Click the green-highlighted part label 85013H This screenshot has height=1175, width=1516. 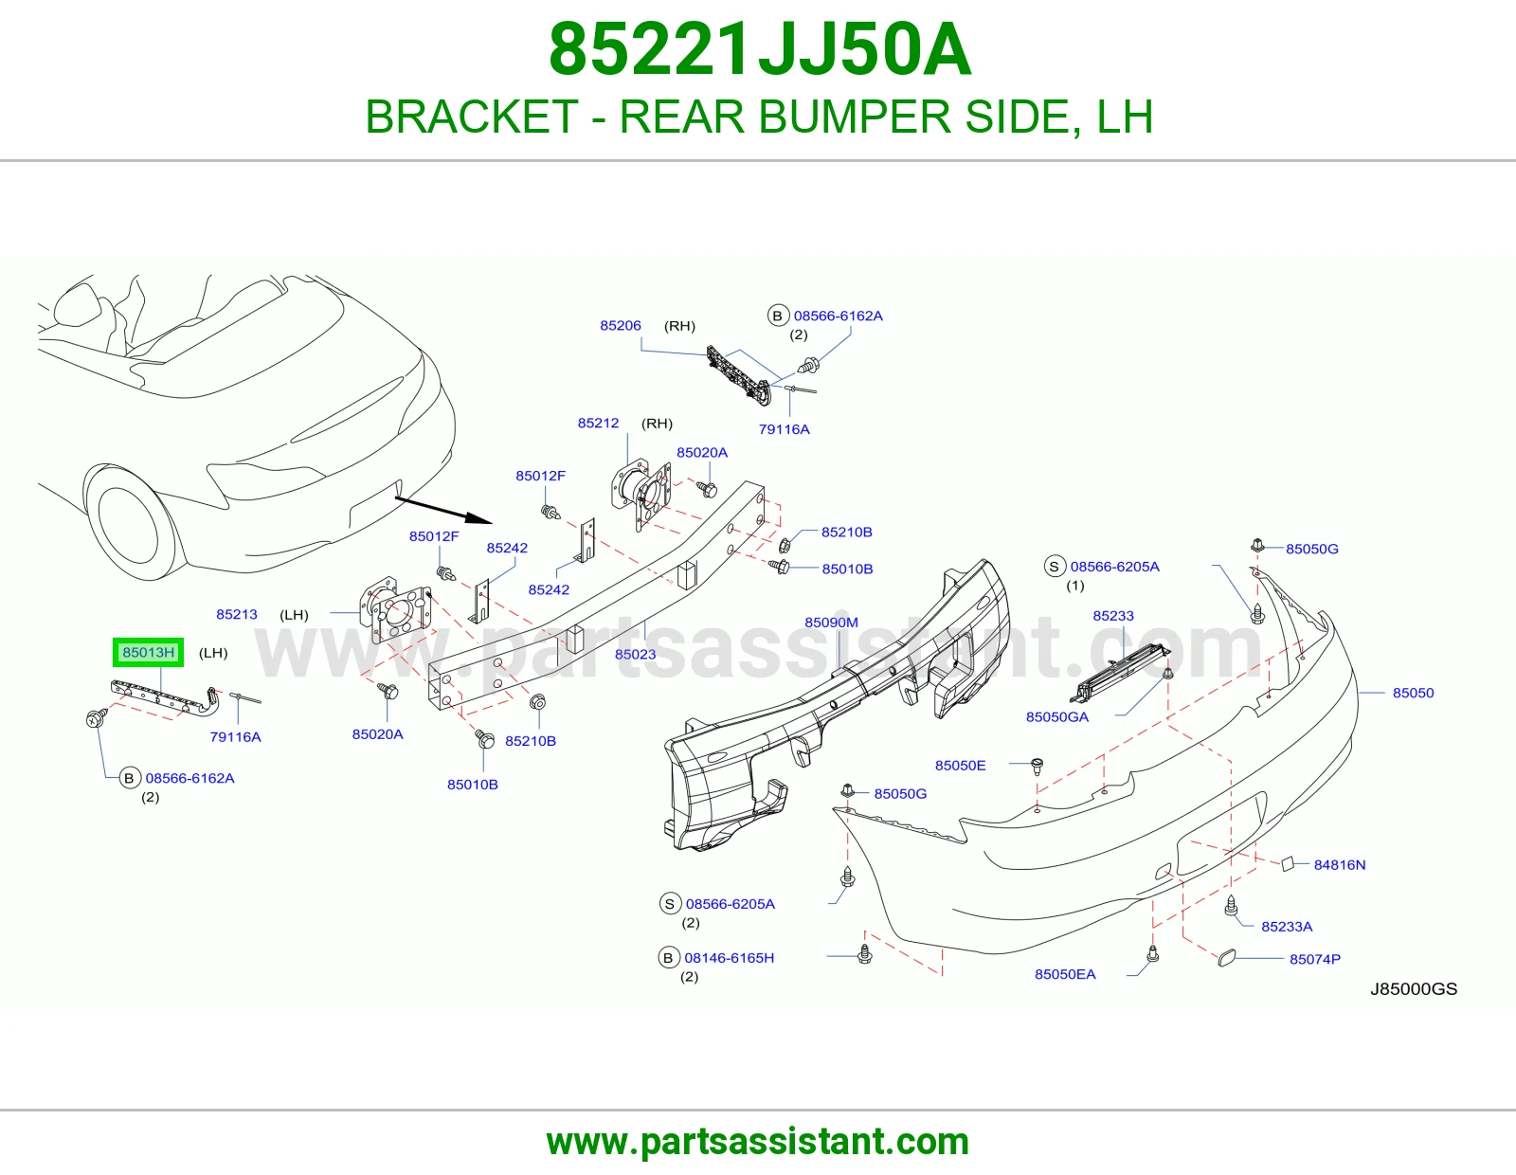click(148, 652)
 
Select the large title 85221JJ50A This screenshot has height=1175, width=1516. click(760, 50)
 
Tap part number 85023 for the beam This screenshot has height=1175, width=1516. click(635, 654)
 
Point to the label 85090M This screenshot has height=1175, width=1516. click(831, 622)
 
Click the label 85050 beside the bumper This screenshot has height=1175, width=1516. click(1413, 692)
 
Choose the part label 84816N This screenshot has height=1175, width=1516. click(1340, 864)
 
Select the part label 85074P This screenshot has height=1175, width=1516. click(1314, 959)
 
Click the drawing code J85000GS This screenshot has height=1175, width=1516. click(1414, 988)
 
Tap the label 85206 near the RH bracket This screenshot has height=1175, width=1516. click(621, 325)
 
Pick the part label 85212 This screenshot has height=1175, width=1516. click(598, 423)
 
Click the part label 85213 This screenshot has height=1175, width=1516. click(237, 614)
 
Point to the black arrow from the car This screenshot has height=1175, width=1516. click(443, 510)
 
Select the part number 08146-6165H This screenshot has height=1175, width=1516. click(729, 957)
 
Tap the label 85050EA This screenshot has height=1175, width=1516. click(1065, 974)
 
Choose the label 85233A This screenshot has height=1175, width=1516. click(1287, 927)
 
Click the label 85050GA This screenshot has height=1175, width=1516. click(1057, 716)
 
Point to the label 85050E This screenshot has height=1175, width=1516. click(960, 766)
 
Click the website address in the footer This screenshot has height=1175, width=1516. click(758, 1142)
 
